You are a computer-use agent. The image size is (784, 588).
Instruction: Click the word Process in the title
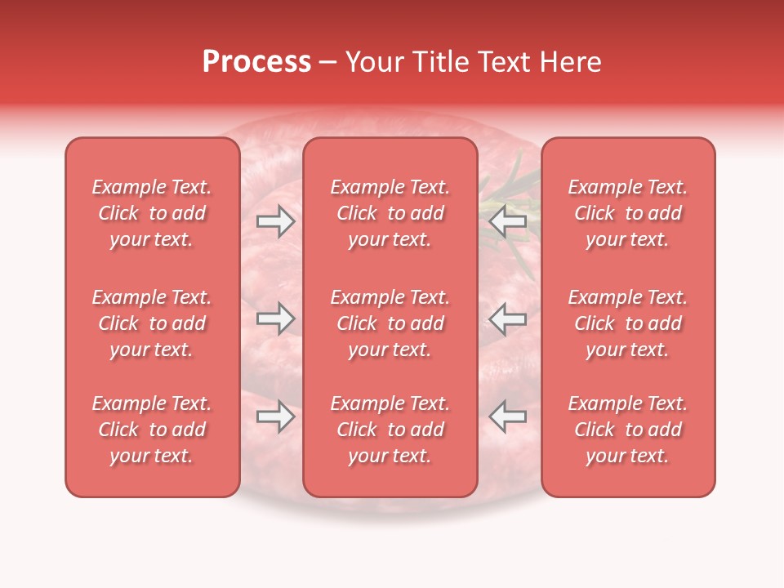coord(256,62)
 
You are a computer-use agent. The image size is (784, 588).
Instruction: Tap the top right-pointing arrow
coord(275,221)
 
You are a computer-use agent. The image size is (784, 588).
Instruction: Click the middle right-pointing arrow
coord(275,318)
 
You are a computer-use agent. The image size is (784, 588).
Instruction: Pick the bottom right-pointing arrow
coord(275,416)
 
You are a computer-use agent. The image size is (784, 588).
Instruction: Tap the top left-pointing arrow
coord(507,221)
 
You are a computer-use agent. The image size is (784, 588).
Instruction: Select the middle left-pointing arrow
coord(507,318)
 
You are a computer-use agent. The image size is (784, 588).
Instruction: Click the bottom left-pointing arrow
coord(507,416)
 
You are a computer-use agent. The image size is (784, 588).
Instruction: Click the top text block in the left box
coord(152,213)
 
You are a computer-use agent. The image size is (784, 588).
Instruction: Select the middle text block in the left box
coord(152,323)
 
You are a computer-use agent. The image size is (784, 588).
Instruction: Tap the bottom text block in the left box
coord(152,430)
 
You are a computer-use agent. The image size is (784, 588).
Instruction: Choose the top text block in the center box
coord(390,213)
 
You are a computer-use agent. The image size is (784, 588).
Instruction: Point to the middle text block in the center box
coord(390,323)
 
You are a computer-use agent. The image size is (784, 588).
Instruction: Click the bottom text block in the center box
coord(390,430)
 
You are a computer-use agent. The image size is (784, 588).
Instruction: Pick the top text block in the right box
coord(628,213)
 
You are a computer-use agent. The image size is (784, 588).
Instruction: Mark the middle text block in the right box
coord(628,323)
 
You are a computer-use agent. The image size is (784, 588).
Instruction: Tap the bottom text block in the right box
coord(628,430)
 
